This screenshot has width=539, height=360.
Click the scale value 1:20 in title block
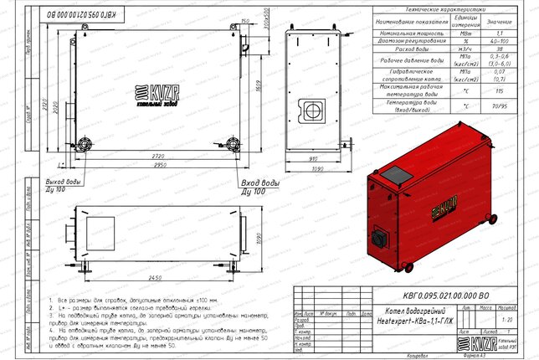[x=505, y=319]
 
